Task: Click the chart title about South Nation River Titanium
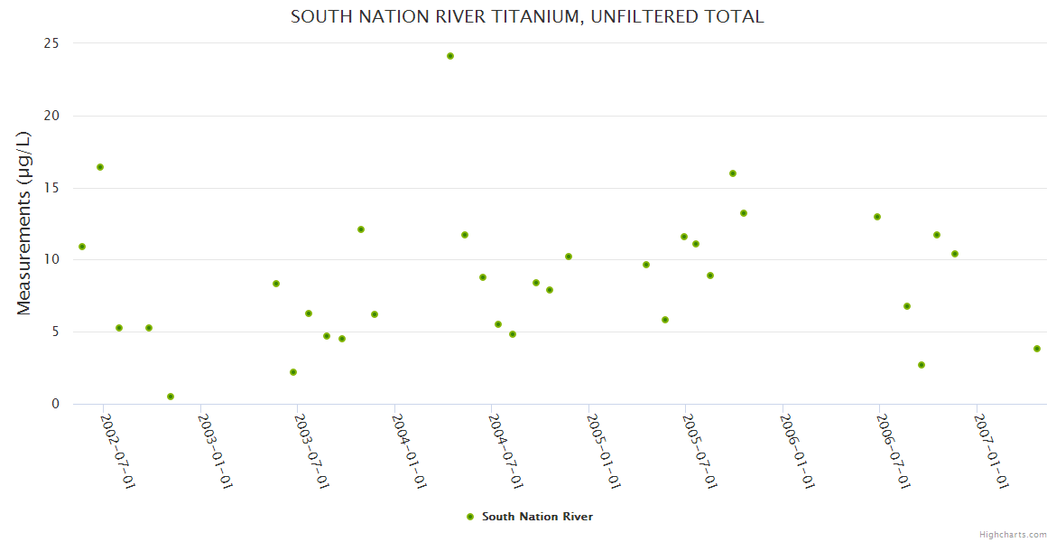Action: click(527, 16)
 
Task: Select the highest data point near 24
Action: click(450, 56)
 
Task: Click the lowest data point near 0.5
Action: click(171, 397)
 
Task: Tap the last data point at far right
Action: click(1037, 349)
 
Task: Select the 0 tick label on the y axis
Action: click(56, 404)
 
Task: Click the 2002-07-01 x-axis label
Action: click(117, 451)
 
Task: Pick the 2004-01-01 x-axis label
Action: click(409, 451)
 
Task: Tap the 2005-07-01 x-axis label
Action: click(700, 451)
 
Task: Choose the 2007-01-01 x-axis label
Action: click(992, 451)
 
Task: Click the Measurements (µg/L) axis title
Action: click(24, 223)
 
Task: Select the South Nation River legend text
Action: click(537, 517)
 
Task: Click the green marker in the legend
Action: click(470, 517)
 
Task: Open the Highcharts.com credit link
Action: click(1013, 534)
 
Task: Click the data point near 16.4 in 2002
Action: click(100, 167)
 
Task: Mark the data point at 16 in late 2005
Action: click(733, 173)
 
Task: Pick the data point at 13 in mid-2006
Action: click(877, 217)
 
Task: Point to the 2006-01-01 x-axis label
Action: click(798, 451)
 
